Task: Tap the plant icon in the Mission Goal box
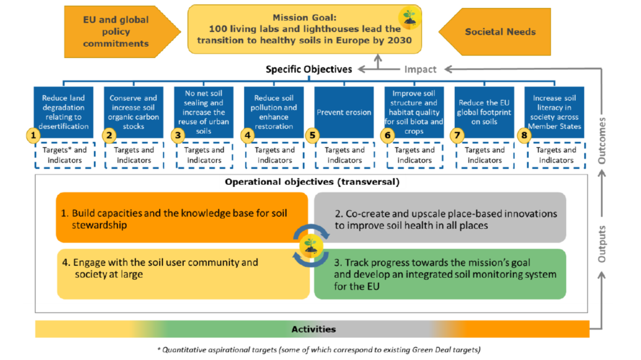tap(410, 17)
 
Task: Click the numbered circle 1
tap(33, 135)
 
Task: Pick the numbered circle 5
tap(312, 135)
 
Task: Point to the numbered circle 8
tap(523, 135)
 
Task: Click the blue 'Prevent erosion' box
tap(344, 112)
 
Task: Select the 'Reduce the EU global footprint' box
tap(484, 112)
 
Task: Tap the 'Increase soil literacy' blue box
tap(554, 112)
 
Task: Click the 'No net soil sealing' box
tap(204, 112)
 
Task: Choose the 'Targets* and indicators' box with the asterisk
tap(65, 155)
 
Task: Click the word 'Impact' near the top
tap(420, 70)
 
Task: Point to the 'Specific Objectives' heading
tap(309, 70)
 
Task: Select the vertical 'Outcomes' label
tap(602, 140)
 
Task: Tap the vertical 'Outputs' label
tap(602, 244)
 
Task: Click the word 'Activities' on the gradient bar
tap(313, 329)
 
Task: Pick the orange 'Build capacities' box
tap(182, 218)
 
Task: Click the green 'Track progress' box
tap(440, 274)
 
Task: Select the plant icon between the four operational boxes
tap(311, 246)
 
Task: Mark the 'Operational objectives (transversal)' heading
tap(312, 182)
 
